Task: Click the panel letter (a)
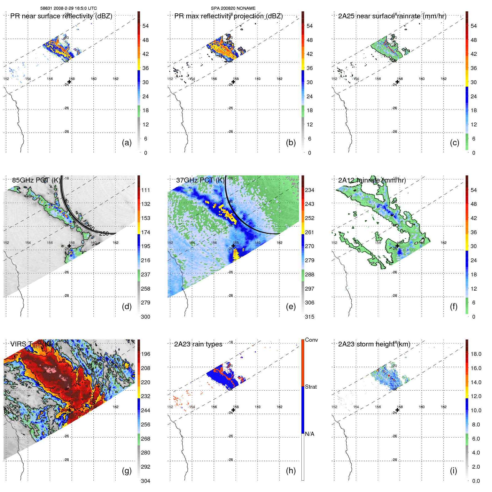[127, 143]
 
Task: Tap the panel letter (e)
[291, 307]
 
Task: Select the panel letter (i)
[453, 471]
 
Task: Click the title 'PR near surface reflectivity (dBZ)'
[61, 16]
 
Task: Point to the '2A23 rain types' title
[198, 344]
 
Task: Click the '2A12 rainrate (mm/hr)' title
[372, 180]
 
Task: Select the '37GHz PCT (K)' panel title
[200, 180]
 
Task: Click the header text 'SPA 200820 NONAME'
[233, 8]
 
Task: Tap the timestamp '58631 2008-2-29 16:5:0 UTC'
[69, 8]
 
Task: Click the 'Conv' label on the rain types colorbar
[311, 340]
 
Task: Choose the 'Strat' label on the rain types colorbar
[311, 387]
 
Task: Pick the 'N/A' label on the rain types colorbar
[309, 434]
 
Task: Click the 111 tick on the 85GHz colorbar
[146, 190]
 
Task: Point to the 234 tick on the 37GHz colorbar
[309, 190]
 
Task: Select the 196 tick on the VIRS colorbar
[146, 354]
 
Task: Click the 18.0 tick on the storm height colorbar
[476, 354]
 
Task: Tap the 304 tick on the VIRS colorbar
[146, 481]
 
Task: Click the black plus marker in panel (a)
[69, 82]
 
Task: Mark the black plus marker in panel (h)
[233, 410]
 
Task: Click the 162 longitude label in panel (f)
[444, 243]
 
